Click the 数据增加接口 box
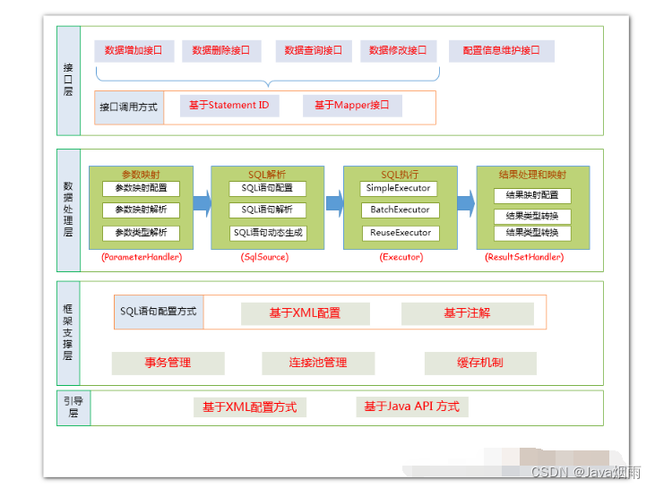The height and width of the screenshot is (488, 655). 134,51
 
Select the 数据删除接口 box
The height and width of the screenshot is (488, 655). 220,51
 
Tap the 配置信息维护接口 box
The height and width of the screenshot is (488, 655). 501,51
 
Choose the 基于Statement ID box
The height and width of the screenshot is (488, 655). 228,106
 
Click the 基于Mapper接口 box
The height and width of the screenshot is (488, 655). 351,106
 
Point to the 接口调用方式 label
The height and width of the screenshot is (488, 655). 128,107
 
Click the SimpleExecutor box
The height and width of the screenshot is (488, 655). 400,189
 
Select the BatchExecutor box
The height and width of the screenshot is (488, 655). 400,210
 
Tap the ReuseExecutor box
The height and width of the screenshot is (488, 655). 400,233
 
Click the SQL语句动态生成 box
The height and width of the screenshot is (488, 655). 268,233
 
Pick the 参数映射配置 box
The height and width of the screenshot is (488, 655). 141,189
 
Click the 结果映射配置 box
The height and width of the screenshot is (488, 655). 532,195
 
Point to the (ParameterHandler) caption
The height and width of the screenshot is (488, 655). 142,257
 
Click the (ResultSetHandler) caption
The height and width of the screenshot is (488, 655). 524,257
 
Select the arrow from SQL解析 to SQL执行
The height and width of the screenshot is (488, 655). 334,203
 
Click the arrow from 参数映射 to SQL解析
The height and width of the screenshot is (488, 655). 202,203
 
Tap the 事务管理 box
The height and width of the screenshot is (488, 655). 168,363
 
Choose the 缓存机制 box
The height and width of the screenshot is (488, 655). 479,363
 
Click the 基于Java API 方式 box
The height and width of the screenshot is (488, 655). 411,407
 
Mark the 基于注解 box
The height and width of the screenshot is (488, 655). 467,313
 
